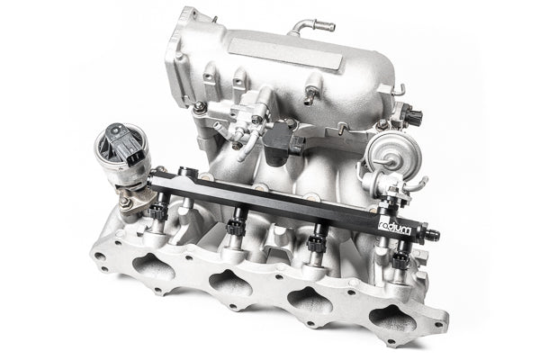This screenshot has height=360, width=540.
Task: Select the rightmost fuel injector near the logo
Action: coord(400,261)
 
